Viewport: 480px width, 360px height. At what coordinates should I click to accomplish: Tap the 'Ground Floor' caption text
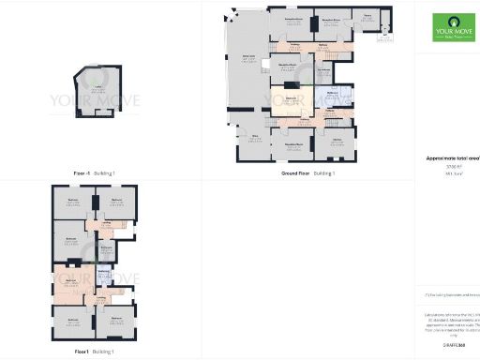coord(296,173)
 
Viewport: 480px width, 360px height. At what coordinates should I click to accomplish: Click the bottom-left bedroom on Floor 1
coord(73,323)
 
